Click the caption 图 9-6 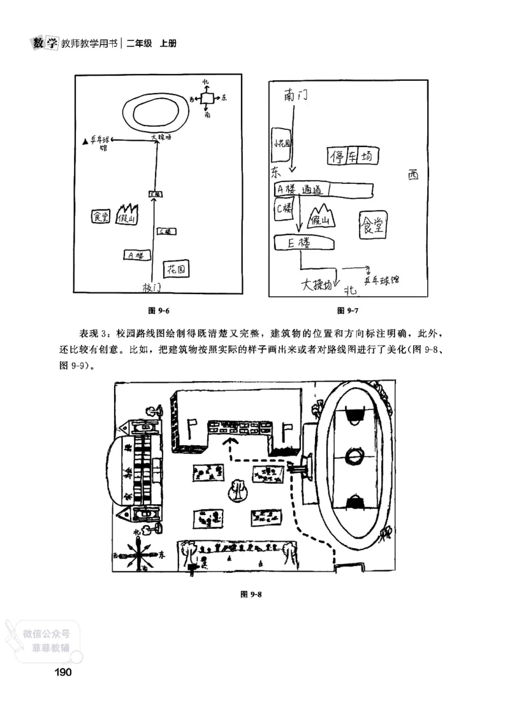pos(158,310)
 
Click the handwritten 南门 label pos(296,97)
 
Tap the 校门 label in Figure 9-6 pos(152,288)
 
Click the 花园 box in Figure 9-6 pos(177,270)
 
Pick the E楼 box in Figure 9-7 pos(304,243)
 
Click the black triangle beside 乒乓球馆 pos(85,140)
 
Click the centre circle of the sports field pos(353,456)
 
